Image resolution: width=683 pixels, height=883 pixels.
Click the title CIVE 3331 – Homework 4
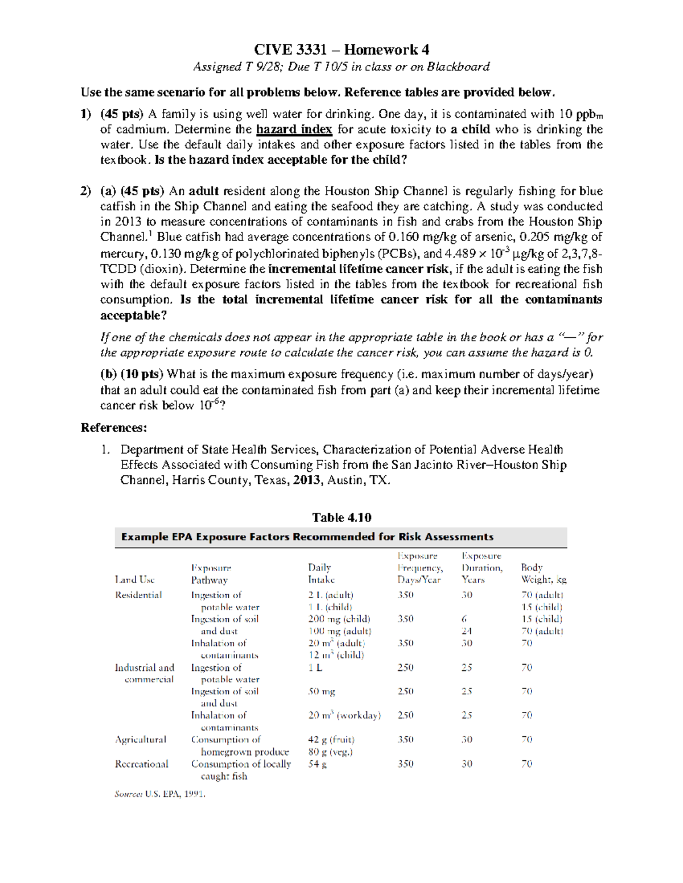click(341, 49)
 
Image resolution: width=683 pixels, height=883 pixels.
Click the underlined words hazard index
click(294, 129)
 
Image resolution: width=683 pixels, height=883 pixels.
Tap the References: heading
click(114, 428)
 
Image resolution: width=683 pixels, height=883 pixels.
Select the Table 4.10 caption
click(341, 517)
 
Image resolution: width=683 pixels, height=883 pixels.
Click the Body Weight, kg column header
click(543, 573)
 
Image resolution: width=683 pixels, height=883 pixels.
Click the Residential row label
click(138, 595)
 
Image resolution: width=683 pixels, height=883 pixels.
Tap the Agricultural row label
click(141, 739)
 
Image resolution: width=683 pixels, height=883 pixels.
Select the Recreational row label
click(142, 764)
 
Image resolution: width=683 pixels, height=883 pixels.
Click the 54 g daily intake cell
click(317, 764)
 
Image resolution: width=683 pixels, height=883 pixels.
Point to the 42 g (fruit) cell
click(331, 739)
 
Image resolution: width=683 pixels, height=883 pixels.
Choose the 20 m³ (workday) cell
click(344, 715)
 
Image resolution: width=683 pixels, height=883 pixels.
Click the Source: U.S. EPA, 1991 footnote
click(160, 794)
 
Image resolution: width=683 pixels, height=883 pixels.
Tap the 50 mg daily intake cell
click(322, 691)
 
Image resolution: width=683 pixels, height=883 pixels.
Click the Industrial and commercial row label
click(145, 673)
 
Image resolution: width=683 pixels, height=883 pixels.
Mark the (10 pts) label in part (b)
click(141, 374)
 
